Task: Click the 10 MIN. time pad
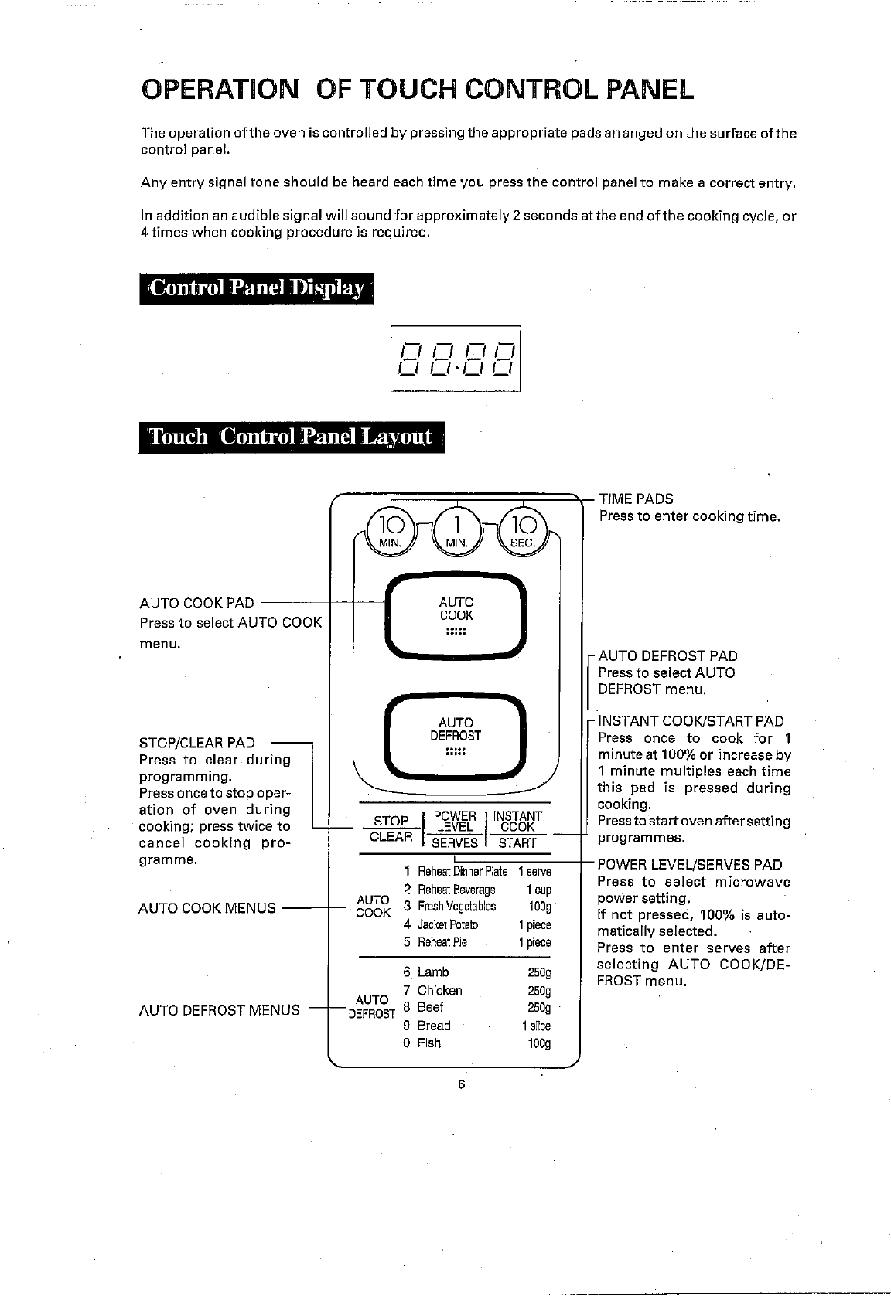pos(392,530)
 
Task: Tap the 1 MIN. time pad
pos(457,530)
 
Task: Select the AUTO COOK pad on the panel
pos(456,616)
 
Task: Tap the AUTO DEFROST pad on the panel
pos(456,737)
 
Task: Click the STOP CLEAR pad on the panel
pos(391,829)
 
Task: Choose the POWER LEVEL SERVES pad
pos(455,829)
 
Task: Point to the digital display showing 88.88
pos(456,359)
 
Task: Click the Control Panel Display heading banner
pos(256,288)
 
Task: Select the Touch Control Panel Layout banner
pos(292,437)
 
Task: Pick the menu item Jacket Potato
pos(447,924)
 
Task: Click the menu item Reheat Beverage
pos(456,889)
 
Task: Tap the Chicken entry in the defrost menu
pos(439,990)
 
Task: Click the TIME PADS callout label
pos(636,499)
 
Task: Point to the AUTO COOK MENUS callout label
pos(207,908)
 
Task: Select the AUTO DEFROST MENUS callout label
pos(219,1009)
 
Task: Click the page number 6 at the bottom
pos(461,1084)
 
